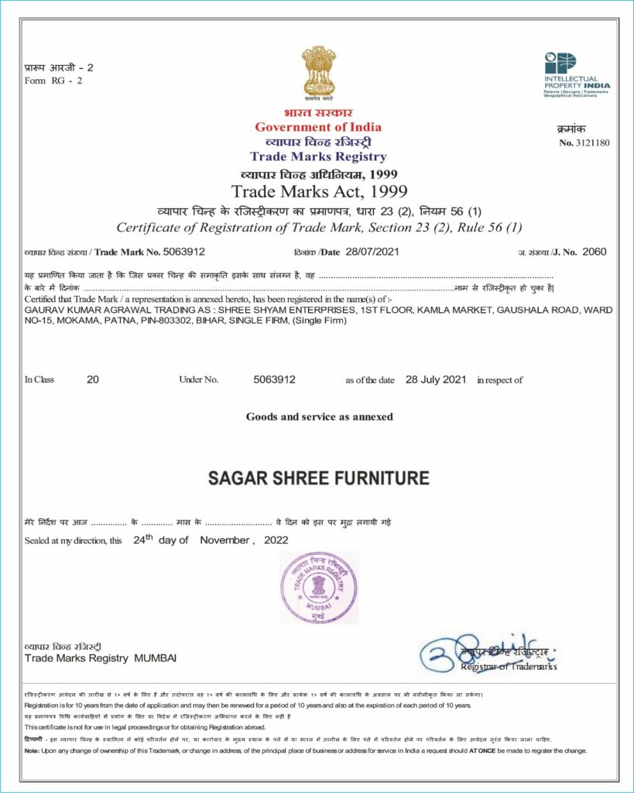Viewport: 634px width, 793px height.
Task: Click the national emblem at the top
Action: pos(318,73)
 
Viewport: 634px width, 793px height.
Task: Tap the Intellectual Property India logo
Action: pos(576,74)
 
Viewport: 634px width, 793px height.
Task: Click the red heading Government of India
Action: pos(318,127)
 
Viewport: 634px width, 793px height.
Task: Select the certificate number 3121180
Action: pos(593,142)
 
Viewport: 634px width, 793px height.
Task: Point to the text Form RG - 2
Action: pos(53,81)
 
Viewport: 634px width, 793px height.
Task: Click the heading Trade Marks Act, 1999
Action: pos(319,191)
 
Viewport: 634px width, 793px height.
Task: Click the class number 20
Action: pos(93,379)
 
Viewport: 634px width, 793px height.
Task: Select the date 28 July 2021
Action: pos(436,379)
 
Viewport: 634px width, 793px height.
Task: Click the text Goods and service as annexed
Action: pos(319,417)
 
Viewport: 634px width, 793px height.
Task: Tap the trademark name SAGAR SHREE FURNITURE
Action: pos(318,478)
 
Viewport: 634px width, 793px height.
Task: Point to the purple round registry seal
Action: pos(319,588)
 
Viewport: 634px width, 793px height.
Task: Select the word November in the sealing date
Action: pos(223,540)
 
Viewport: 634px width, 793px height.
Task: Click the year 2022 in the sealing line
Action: pos(276,540)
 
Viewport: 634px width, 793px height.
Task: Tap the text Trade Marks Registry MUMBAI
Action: pos(101,658)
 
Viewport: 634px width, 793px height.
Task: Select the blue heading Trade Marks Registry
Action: pos(318,157)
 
